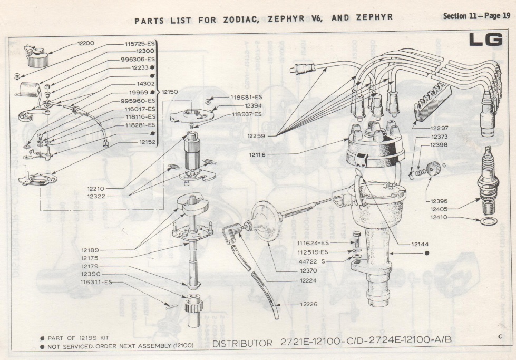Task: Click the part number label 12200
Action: pyautogui.click(x=86, y=43)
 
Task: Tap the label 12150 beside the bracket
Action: pyautogui.click(x=170, y=92)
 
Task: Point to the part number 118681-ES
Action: pyautogui.click(x=246, y=97)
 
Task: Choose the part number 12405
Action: pyautogui.click(x=440, y=209)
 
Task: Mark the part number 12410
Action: pyautogui.click(x=440, y=217)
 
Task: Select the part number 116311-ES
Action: pyautogui.click(x=96, y=283)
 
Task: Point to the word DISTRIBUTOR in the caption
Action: pyautogui.click(x=242, y=344)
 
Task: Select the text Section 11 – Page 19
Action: pyautogui.click(x=476, y=16)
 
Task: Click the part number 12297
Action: pyautogui.click(x=439, y=128)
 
